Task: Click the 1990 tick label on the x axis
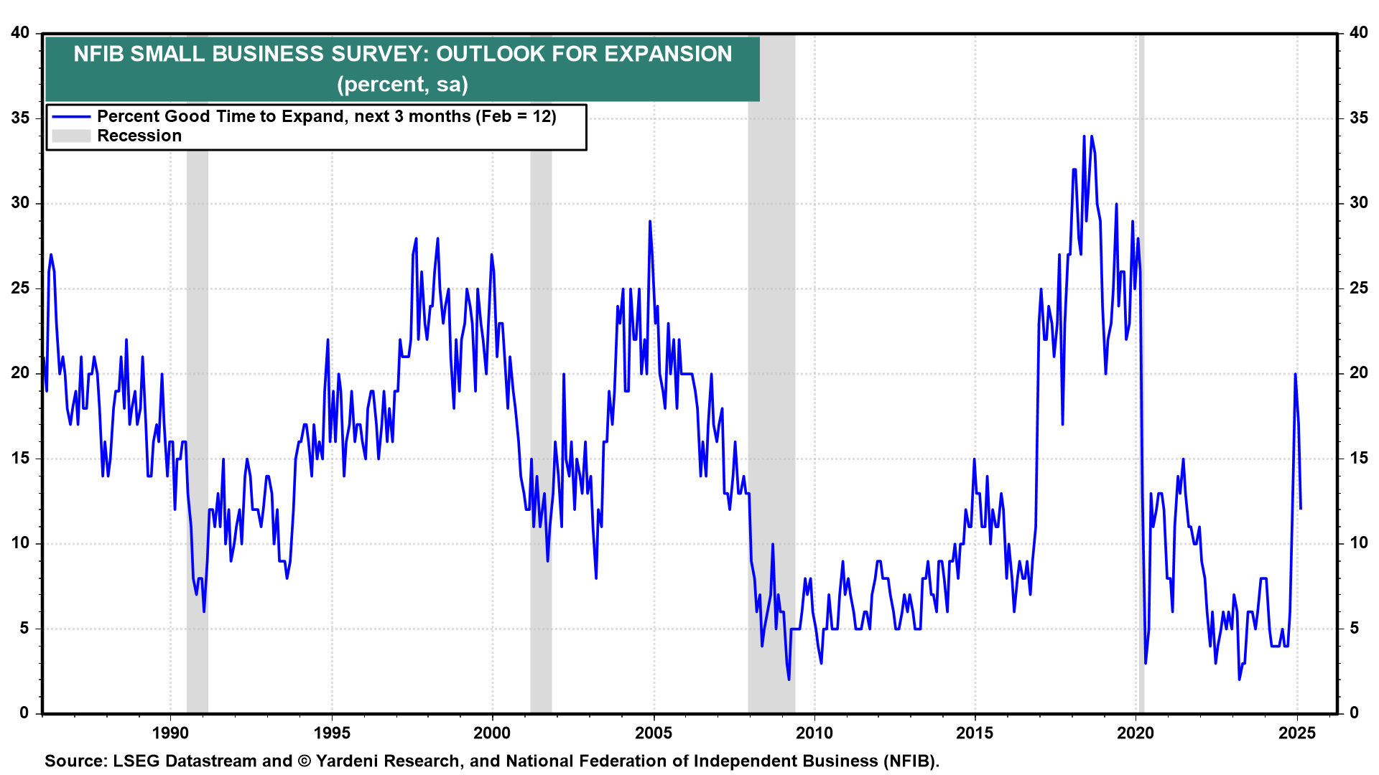170,733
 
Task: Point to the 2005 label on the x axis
654,733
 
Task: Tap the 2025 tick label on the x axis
1297,733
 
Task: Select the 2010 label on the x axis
814,733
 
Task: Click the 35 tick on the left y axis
20,118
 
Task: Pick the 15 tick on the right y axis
1359,458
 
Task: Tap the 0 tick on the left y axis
24,713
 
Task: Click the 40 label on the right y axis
1359,33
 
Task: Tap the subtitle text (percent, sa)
402,85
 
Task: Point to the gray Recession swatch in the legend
71,136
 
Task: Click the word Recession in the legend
139,136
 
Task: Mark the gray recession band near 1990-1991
198,431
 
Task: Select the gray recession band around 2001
541,431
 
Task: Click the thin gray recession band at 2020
1141,431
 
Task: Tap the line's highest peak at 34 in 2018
1085,136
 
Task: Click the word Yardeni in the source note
348,761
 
